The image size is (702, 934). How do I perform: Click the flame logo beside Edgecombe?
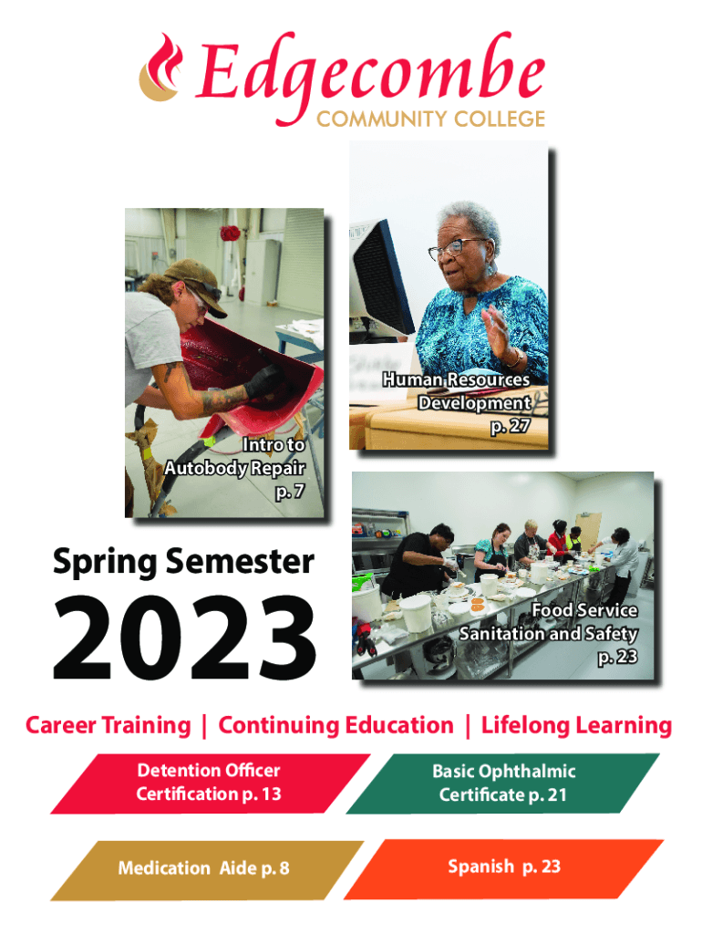160,67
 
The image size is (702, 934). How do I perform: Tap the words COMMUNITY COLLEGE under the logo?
430,119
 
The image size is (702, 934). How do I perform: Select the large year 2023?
184,637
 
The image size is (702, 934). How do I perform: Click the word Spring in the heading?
105,563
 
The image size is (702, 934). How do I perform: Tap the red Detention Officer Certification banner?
211,784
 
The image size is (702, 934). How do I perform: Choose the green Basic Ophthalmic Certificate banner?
503,784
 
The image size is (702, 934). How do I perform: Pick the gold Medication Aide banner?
207,869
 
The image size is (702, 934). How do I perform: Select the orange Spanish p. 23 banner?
504,868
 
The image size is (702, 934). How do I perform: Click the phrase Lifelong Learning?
576,725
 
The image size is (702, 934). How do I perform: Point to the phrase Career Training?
108,725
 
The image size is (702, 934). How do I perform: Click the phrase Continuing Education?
336,725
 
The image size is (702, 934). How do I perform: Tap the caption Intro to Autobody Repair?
234,456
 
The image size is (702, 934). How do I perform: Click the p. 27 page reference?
511,427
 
